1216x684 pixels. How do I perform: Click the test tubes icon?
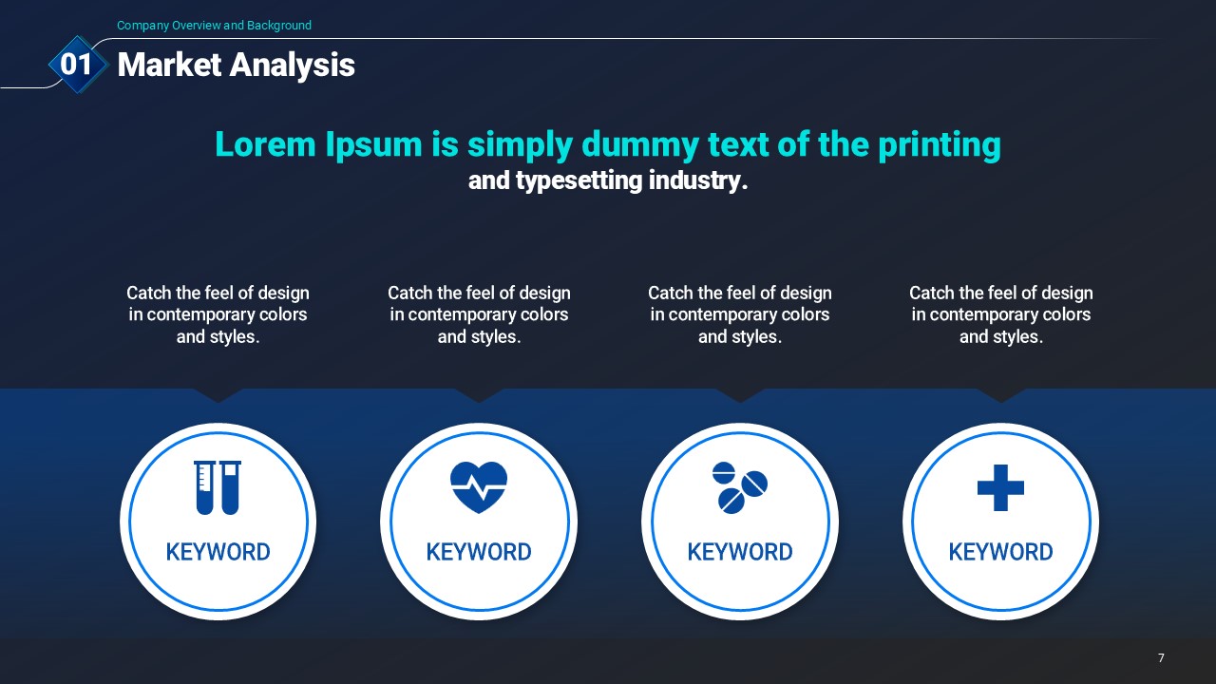(218, 487)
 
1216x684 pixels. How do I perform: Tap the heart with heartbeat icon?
(479, 487)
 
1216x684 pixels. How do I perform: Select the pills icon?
(740, 487)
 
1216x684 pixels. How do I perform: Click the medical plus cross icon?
(1000, 487)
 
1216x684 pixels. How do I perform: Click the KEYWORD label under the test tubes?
(218, 552)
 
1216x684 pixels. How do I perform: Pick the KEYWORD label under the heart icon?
(479, 552)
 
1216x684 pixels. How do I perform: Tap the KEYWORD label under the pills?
(740, 552)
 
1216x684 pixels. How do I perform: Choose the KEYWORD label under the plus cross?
(1000, 552)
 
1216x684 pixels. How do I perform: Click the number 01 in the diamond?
(76, 64)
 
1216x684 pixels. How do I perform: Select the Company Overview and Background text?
(214, 26)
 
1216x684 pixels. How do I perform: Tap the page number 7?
(1161, 658)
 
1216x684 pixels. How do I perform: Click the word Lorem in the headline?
(265, 144)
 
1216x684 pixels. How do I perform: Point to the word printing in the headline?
(940, 145)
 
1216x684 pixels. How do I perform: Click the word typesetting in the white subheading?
(579, 180)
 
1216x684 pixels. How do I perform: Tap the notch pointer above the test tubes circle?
(218, 395)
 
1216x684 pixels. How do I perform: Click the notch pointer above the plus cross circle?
(1001, 395)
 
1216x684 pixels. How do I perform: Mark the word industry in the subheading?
(698, 180)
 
